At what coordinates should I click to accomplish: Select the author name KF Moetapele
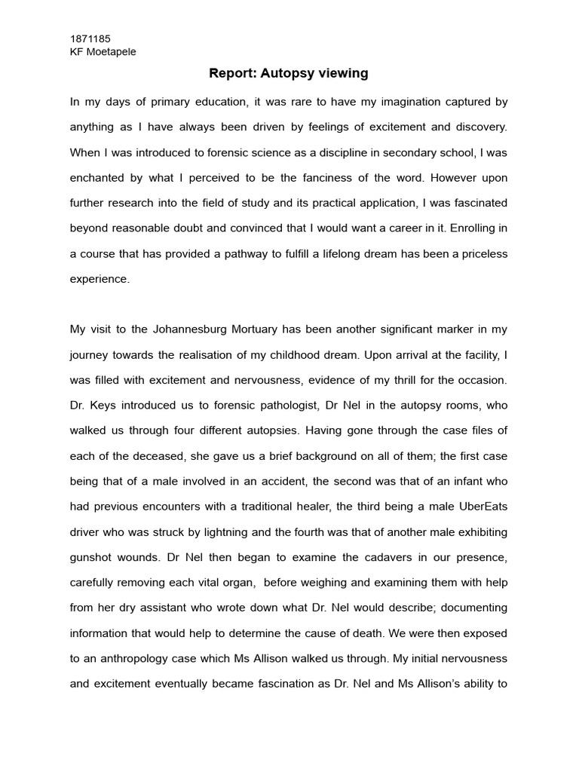tap(103, 51)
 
